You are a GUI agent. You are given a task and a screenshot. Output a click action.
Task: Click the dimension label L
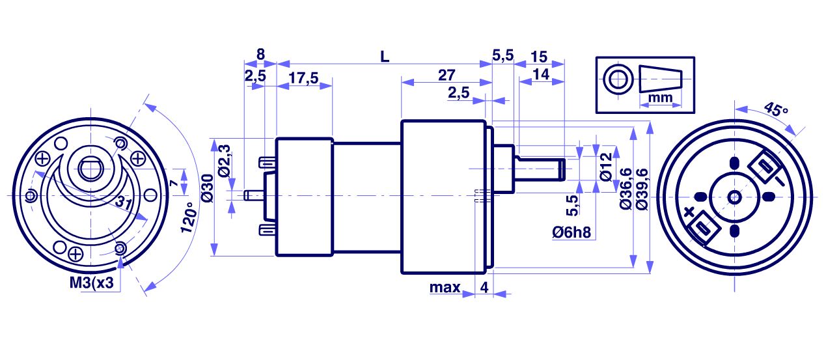(x=385, y=57)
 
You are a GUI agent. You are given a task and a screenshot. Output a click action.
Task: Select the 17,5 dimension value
(x=303, y=78)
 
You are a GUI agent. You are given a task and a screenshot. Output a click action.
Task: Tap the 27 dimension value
(x=447, y=75)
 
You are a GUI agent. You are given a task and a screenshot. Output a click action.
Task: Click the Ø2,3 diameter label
(x=224, y=162)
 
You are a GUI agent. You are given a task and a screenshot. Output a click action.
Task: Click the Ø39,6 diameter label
(x=642, y=189)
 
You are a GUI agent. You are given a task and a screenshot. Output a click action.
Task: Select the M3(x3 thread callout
(x=92, y=284)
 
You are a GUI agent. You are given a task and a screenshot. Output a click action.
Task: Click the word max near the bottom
(x=445, y=287)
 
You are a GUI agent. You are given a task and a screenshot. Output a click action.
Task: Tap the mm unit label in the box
(x=660, y=97)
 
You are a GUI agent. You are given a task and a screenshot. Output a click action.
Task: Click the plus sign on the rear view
(x=689, y=212)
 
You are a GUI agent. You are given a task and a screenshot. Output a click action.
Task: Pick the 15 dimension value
(x=539, y=57)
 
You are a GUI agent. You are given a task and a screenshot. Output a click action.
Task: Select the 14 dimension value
(x=540, y=75)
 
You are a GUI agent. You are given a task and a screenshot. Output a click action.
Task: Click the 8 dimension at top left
(x=260, y=55)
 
